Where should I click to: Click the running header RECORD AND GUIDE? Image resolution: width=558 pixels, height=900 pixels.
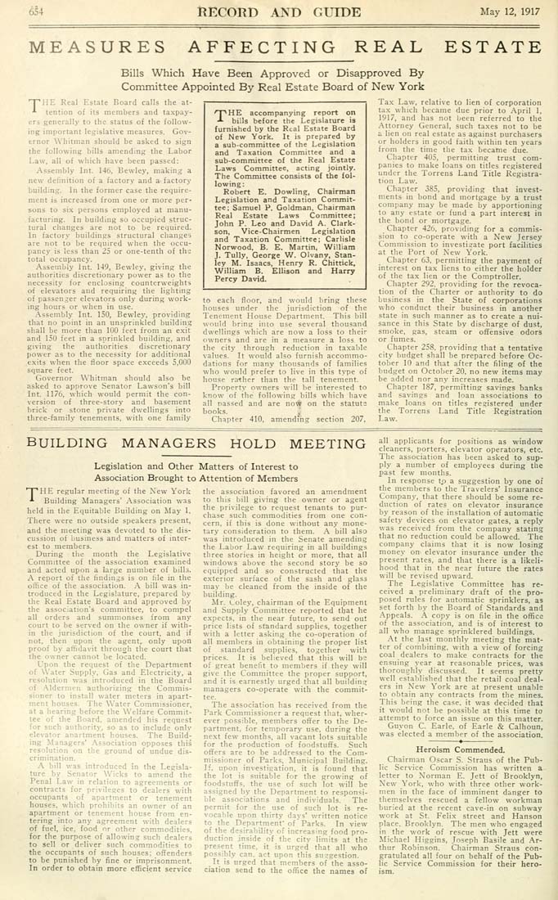tap(280, 11)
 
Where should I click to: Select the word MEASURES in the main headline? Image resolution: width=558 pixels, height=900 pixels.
tap(95, 47)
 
